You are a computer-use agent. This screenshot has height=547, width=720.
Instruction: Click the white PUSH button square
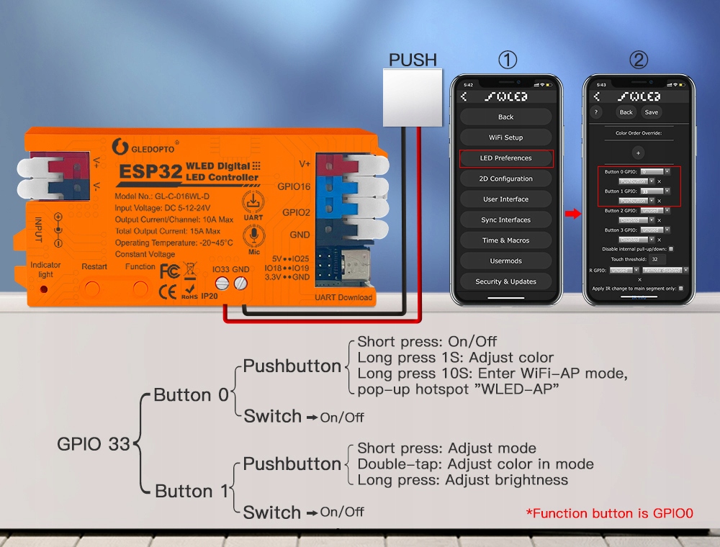click(x=411, y=98)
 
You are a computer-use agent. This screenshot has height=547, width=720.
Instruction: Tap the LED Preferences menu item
click(x=505, y=158)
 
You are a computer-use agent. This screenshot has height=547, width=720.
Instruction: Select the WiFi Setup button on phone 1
click(x=505, y=137)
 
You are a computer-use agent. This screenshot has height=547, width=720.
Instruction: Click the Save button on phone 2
click(x=651, y=112)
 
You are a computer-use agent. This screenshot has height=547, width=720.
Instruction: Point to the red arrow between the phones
click(x=572, y=213)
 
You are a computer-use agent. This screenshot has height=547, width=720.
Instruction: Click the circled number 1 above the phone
click(x=508, y=60)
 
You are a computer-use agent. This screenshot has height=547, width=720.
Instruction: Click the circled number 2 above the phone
click(x=638, y=60)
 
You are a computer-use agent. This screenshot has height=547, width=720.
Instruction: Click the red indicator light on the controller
click(x=44, y=289)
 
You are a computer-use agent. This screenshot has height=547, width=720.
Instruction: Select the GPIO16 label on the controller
click(x=294, y=186)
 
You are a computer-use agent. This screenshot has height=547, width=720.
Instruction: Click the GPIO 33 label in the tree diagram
click(x=94, y=444)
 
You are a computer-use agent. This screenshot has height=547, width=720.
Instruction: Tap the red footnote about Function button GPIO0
click(x=609, y=513)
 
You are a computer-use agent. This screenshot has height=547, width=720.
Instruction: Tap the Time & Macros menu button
click(x=505, y=240)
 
